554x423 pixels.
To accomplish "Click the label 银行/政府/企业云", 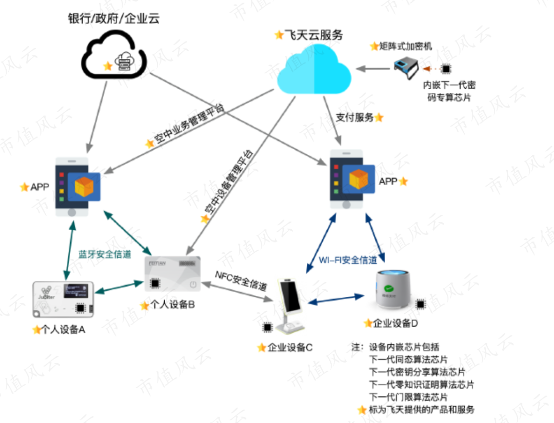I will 114,19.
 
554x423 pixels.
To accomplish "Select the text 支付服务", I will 354,117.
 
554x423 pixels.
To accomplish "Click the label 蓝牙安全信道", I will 105,254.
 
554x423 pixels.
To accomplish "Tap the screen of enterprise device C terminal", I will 288,297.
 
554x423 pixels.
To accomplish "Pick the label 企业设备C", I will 290,347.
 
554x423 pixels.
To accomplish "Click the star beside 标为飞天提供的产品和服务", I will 362,410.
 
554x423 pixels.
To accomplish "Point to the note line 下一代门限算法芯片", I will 408,397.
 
